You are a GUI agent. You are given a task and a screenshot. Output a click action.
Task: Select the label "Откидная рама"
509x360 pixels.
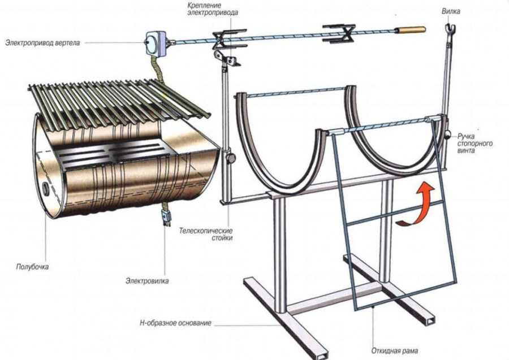(x=394, y=350)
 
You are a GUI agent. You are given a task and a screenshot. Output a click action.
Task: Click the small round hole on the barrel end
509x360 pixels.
(x=44, y=187)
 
